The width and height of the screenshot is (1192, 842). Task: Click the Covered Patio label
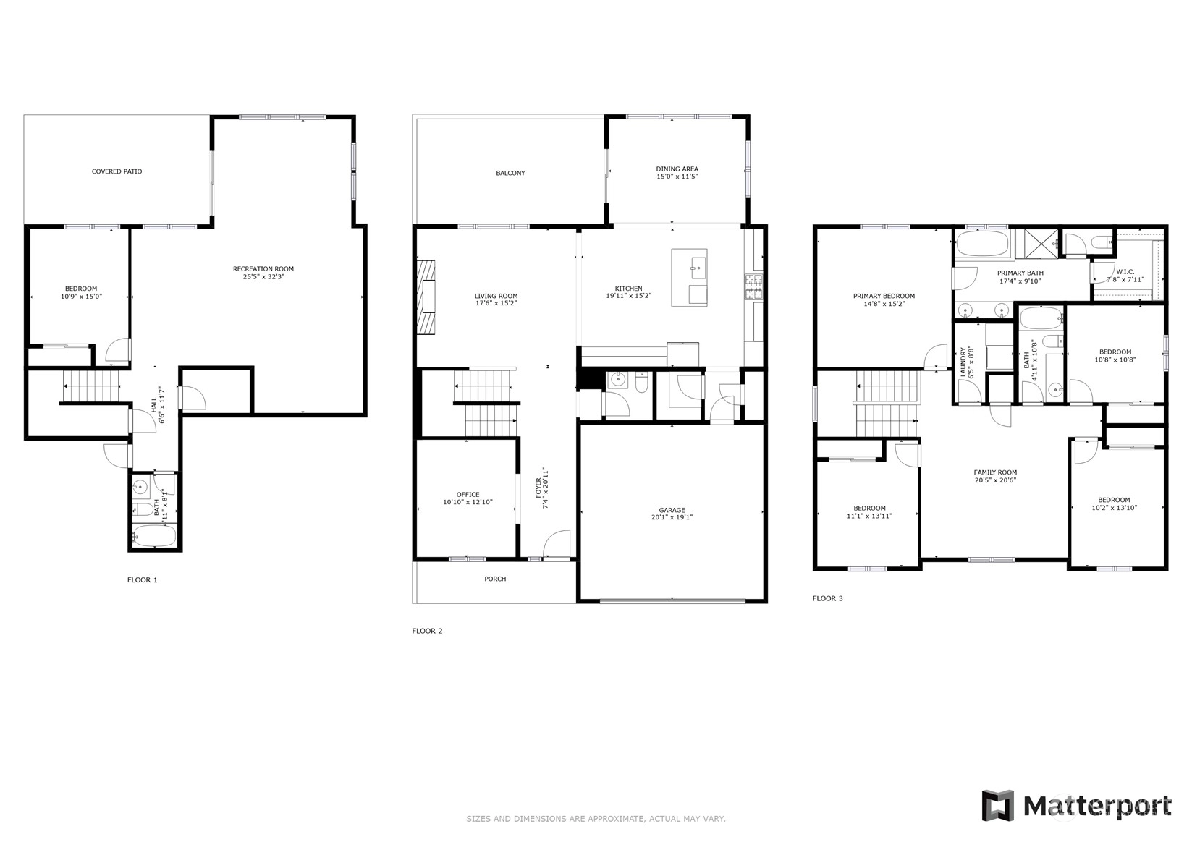pyautogui.click(x=117, y=172)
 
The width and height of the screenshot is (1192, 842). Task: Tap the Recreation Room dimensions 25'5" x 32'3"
pyautogui.click(x=263, y=276)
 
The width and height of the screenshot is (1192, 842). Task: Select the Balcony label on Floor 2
pyautogui.click(x=510, y=174)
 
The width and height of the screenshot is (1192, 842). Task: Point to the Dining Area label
pyautogui.click(x=677, y=169)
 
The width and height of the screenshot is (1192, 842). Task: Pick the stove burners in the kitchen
pyautogui.click(x=753, y=286)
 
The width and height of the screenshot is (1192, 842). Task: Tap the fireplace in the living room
pyautogui.click(x=426, y=297)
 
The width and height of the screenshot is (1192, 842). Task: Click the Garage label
pyautogui.click(x=672, y=510)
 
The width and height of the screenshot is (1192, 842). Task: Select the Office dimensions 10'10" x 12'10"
pyautogui.click(x=468, y=502)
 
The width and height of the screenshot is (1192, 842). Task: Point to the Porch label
pyautogui.click(x=495, y=579)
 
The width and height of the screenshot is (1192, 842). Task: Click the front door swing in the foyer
pyautogui.click(x=556, y=543)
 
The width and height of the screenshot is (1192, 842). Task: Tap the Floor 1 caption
pyautogui.click(x=142, y=579)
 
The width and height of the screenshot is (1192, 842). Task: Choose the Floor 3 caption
pyautogui.click(x=827, y=598)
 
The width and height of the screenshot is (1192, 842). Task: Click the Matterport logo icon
pyautogui.click(x=998, y=805)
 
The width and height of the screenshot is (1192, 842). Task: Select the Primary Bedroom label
pyautogui.click(x=884, y=297)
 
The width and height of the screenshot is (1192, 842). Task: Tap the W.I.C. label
pyautogui.click(x=1125, y=272)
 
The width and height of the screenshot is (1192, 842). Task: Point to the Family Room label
pyautogui.click(x=995, y=472)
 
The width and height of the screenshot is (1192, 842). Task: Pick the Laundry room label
pyautogui.click(x=963, y=362)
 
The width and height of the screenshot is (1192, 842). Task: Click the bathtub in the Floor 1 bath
pyautogui.click(x=155, y=535)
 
